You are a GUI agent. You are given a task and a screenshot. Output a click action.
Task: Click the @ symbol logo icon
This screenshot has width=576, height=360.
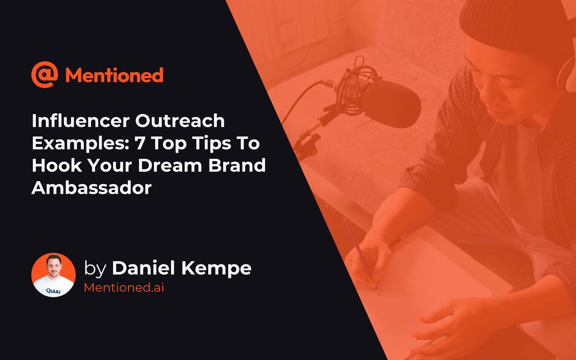pos(44,75)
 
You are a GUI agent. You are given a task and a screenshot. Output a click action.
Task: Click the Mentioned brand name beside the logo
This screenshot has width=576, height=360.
pos(114,75)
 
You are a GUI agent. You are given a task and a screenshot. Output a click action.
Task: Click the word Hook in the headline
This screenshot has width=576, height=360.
pos(53,165)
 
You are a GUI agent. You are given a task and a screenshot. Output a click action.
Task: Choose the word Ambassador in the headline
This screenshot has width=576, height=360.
pos(91,187)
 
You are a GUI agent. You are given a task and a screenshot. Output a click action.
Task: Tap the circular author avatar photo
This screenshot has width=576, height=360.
pos(53,275)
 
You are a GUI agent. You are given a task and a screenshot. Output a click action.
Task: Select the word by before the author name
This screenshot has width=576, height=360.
pos(95,269)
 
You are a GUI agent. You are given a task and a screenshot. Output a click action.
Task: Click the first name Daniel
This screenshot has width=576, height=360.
pos(144,268)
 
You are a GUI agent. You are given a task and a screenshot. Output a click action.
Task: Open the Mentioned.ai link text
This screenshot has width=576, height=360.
pos(124,288)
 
